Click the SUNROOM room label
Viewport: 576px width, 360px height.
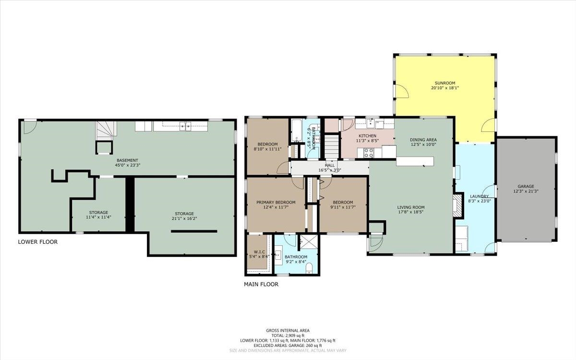pos(445,83)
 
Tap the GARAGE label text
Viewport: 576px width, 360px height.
pos(526,186)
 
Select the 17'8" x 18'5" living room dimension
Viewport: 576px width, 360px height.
pos(411,212)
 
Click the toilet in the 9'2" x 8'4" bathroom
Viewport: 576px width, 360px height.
pos(309,268)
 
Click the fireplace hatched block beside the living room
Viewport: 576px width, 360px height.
pos(458,206)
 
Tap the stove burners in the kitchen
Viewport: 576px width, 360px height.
pos(369,153)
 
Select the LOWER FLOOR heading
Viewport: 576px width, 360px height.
pos(38,242)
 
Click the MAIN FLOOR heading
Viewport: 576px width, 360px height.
pos(261,284)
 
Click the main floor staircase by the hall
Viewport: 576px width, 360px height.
pos(332,146)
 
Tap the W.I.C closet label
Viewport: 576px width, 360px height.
pos(259,252)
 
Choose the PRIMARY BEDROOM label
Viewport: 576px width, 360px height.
pos(276,203)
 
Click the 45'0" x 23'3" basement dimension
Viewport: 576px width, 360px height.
pos(128,165)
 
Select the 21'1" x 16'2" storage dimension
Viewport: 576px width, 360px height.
pos(184,218)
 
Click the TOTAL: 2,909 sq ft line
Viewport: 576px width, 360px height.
pos(288,336)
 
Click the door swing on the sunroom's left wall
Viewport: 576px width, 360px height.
pos(402,91)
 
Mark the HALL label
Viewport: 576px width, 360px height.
pos(330,165)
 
